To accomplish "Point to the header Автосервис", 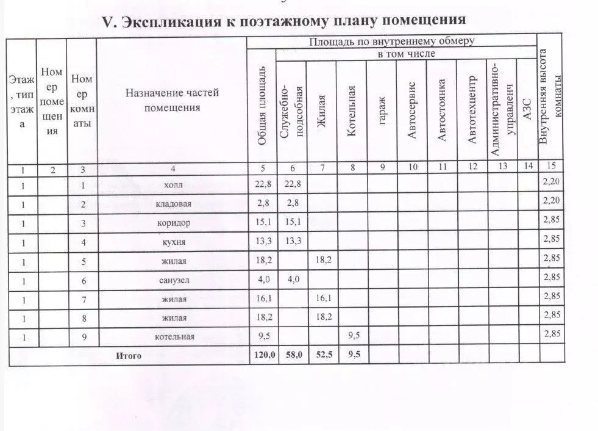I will click(411, 110).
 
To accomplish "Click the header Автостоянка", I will click(442, 110).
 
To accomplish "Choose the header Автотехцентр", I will click(471, 110).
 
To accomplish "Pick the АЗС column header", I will click(527, 110).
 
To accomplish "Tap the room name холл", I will click(173, 184).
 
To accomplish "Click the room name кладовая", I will click(173, 203).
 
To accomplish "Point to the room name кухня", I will click(173, 242).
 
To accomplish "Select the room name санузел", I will click(173, 280).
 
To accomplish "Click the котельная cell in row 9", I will click(173, 337).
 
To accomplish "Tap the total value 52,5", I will click(321, 356).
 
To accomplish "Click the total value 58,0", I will click(291, 356).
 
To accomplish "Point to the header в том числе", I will click(406, 55).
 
